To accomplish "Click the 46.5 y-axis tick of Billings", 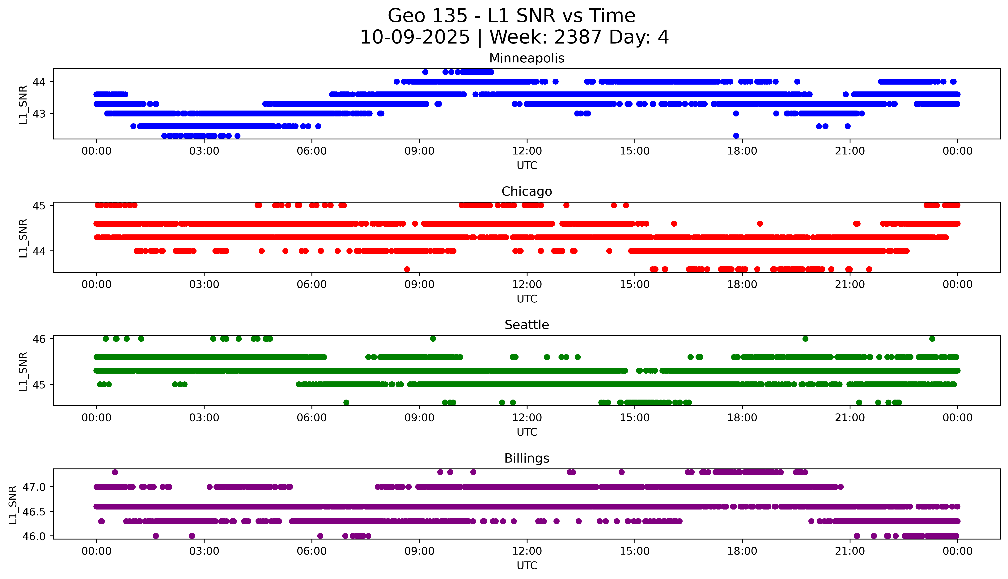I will pyautogui.click(x=34, y=511).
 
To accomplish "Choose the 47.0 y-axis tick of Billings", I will pyautogui.click(x=34, y=487).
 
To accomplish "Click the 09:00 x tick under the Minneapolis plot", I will pyautogui.click(x=419, y=151).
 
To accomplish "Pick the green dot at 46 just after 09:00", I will pyautogui.click(x=433, y=339).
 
